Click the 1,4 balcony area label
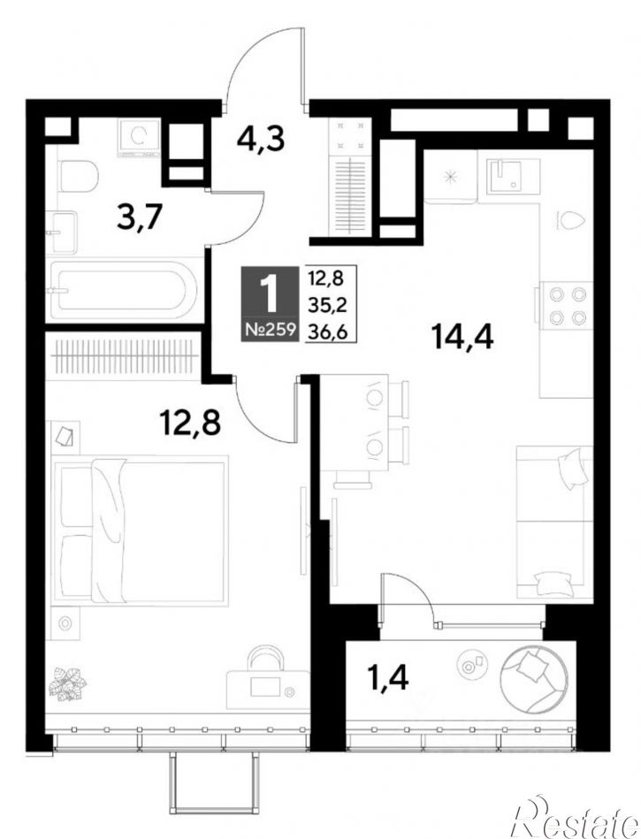(388, 677)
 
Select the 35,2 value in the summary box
(327, 305)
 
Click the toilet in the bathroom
(80, 177)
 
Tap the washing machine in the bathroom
(139, 138)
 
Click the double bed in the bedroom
(140, 530)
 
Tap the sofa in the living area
(554, 522)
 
